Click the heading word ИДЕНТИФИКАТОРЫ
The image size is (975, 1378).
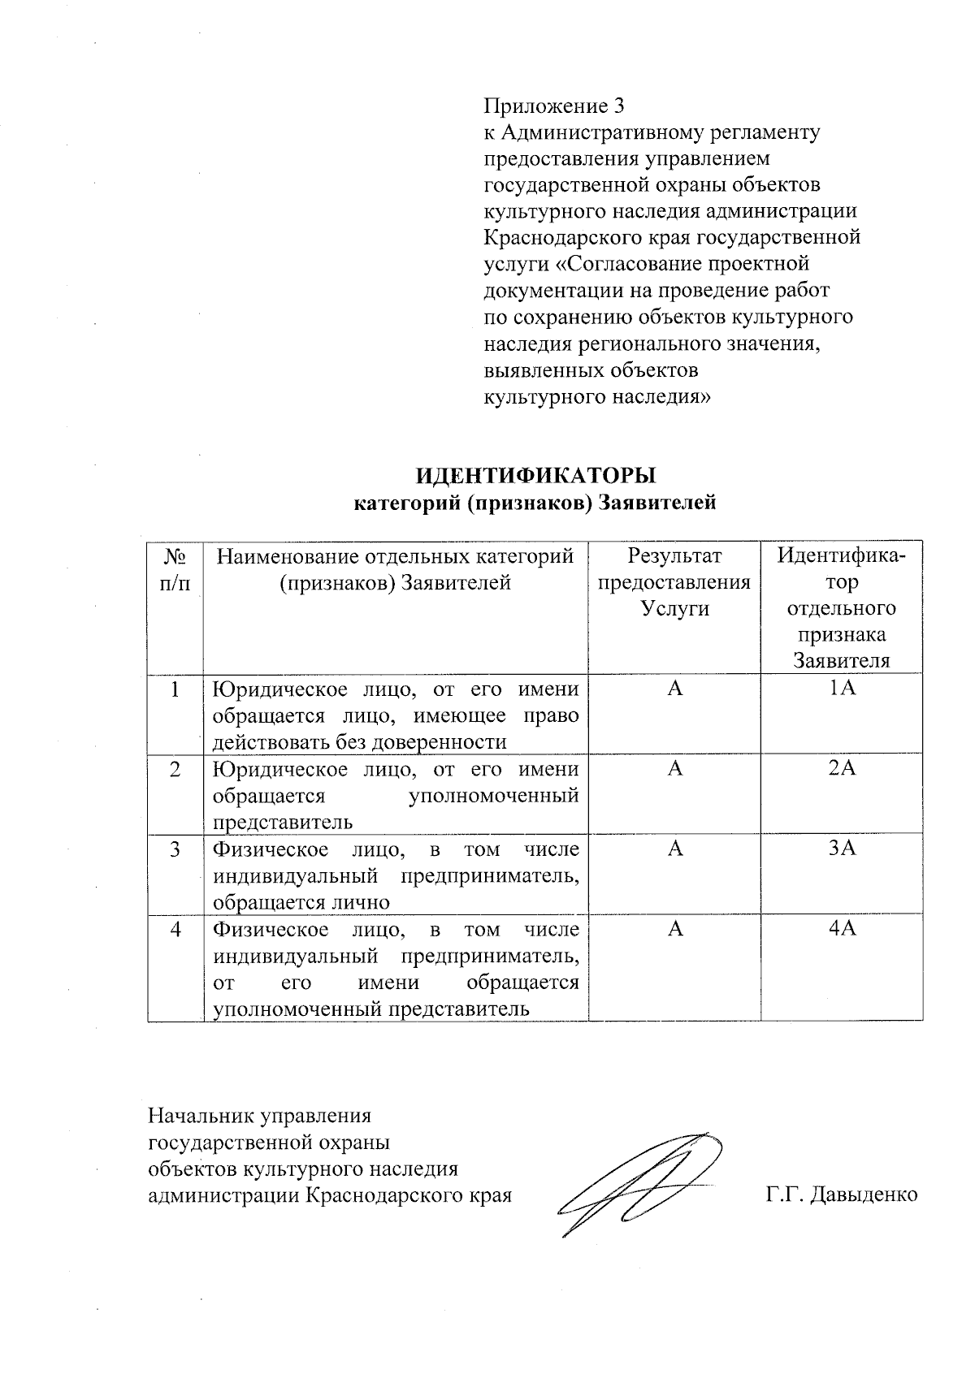[x=535, y=475]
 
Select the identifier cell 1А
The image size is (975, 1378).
[x=843, y=689]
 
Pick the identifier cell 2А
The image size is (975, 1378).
[x=843, y=768]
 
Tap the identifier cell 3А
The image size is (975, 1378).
[x=843, y=849]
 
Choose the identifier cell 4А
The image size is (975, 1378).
[x=843, y=928]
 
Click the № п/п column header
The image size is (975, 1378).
[x=175, y=569]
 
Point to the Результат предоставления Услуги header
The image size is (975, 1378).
[x=674, y=582]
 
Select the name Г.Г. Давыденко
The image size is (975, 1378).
[x=840, y=1194]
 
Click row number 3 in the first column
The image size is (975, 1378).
[x=175, y=849]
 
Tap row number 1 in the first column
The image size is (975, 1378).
[x=175, y=689]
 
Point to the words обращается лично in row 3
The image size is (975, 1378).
[x=301, y=902]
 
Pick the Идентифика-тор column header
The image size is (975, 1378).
[x=842, y=607]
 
